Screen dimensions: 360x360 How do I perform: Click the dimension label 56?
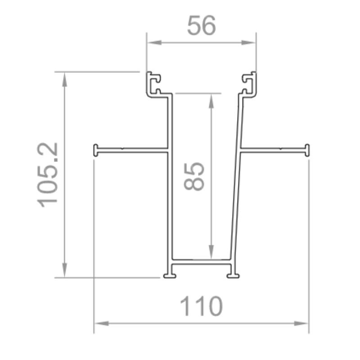[x=202, y=26]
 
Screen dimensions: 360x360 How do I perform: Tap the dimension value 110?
[x=201, y=307]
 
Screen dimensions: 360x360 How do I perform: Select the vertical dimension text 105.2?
[x=49, y=175]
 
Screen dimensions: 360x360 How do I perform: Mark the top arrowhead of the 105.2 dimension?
[x=65, y=78]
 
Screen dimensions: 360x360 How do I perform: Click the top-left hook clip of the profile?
[x=154, y=84]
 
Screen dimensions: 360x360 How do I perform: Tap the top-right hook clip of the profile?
[x=249, y=84]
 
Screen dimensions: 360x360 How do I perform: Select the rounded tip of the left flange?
[x=96, y=150]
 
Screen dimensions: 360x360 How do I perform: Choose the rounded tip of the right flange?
[x=307, y=150]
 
